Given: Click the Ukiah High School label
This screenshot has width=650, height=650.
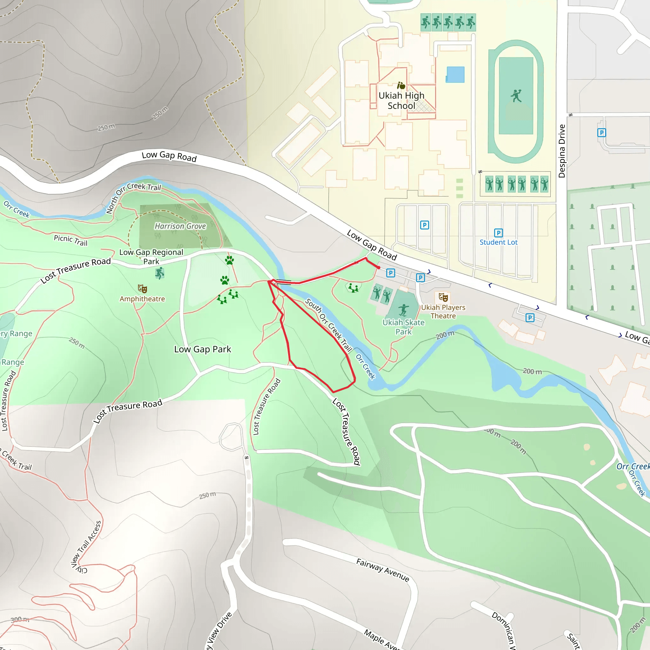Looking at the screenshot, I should point(401,101).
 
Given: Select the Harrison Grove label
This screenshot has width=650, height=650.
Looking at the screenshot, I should point(180,226).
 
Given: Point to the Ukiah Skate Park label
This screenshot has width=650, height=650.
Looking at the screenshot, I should point(403,327).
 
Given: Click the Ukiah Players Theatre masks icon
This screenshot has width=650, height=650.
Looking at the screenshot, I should point(443,297).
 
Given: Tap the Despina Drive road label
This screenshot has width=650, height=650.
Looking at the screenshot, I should point(561,151).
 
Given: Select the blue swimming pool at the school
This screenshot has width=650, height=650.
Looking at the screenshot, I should point(455,75).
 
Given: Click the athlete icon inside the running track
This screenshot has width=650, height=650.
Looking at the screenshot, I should point(516,96).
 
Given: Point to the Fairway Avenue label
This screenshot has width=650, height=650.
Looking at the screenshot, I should point(383,570).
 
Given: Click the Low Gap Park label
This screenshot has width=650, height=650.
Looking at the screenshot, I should point(202,349).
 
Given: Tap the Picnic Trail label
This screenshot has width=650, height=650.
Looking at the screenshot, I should point(71,240).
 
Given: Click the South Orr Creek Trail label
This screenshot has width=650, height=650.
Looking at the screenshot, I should point(328,325).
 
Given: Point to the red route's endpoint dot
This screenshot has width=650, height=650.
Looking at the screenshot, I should point(379,268).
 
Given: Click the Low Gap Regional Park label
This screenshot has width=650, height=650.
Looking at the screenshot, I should point(151,257).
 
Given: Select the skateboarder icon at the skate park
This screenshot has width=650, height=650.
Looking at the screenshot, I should point(403,309).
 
